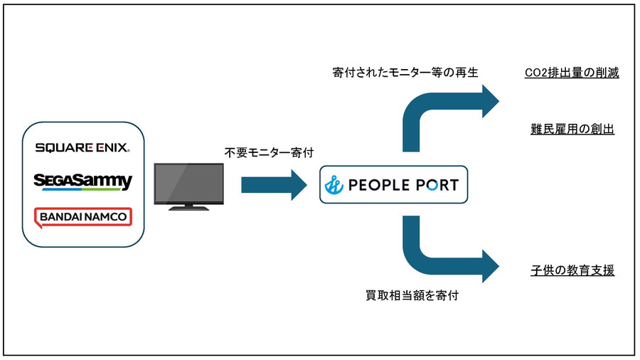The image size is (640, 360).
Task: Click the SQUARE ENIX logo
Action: pos(82,148)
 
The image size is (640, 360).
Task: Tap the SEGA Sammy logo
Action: pos(83,181)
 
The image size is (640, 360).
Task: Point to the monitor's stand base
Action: pos(188,208)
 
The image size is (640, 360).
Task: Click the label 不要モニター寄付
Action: pos(268,152)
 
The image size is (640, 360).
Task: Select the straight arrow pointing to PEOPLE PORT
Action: pos(273,185)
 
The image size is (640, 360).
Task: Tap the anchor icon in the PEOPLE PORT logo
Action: pos(334,186)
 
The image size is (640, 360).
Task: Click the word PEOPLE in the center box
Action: pos(379,186)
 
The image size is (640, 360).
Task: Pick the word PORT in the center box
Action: pos(435,186)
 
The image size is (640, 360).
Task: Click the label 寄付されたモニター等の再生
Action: pos(405,73)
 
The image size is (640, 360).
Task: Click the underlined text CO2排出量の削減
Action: pos(571,73)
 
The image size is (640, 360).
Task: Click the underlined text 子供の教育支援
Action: pos(572,270)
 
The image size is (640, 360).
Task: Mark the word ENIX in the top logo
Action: pos(112,148)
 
